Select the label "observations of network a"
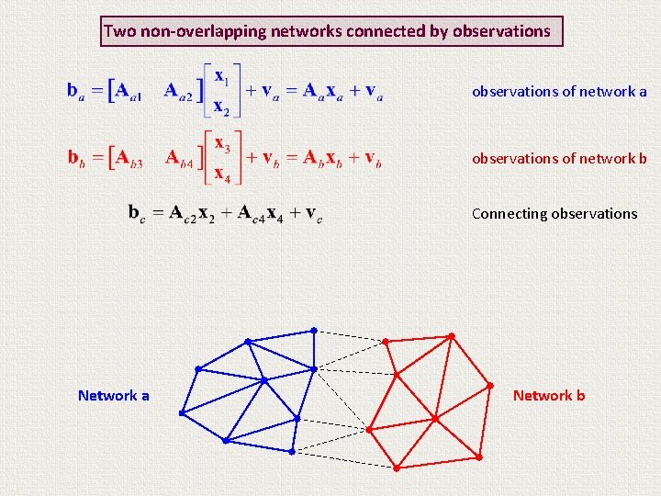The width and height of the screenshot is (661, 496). [x=559, y=91]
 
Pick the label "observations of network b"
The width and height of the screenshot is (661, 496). [x=559, y=158]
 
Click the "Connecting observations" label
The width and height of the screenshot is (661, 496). [x=554, y=213]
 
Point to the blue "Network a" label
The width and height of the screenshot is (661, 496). [x=113, y=395]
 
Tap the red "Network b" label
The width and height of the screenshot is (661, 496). [x=548, y=395]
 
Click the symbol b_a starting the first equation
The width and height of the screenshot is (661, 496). [x=73, y=90]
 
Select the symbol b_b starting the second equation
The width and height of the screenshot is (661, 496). [x=73, y=157]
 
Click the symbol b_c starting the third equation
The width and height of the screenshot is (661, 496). [x=134, y=213]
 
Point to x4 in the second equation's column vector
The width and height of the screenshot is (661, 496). [x=222, y=173]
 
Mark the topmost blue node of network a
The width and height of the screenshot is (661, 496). [x=313, y=330]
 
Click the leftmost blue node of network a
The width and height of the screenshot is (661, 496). [x=182, y=413]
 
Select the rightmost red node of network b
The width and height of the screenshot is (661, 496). [x=489, y=385]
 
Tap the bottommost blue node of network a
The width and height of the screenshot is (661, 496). [x=291, y=452]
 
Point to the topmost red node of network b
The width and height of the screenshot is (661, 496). [x=451, y=336]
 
